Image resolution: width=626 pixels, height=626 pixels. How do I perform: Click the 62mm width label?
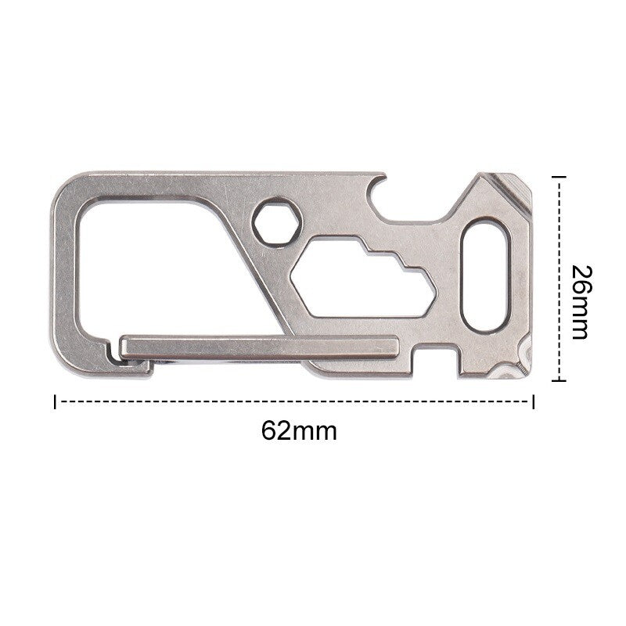(299, 430)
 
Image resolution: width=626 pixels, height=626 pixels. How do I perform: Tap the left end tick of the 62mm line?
(55, 401)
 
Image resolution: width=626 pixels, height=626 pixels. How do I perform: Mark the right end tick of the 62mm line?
(534, 401)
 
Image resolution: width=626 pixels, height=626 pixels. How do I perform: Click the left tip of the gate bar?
(125, 346)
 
